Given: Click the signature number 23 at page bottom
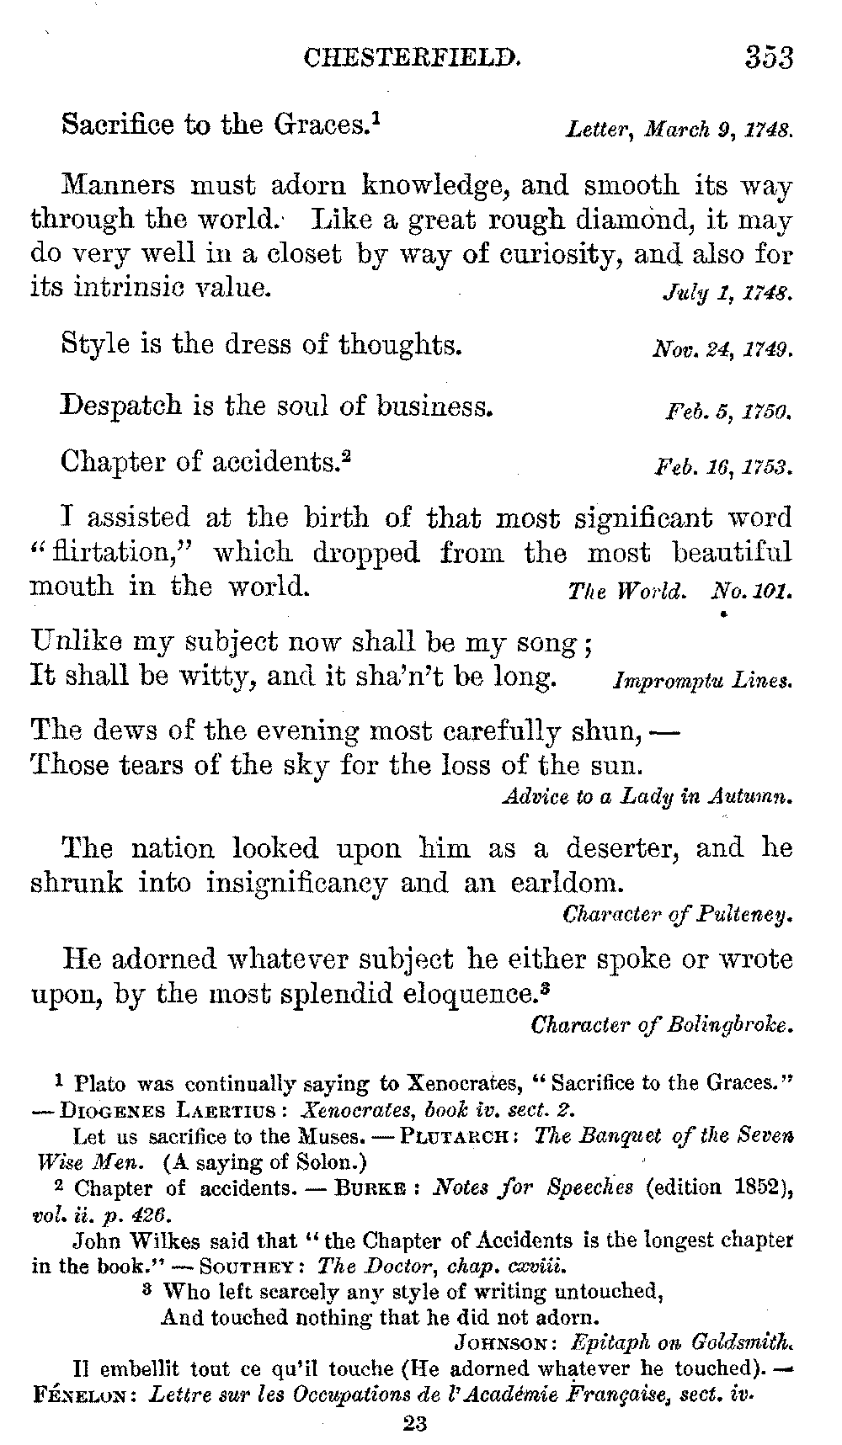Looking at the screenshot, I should coord(416,1424).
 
